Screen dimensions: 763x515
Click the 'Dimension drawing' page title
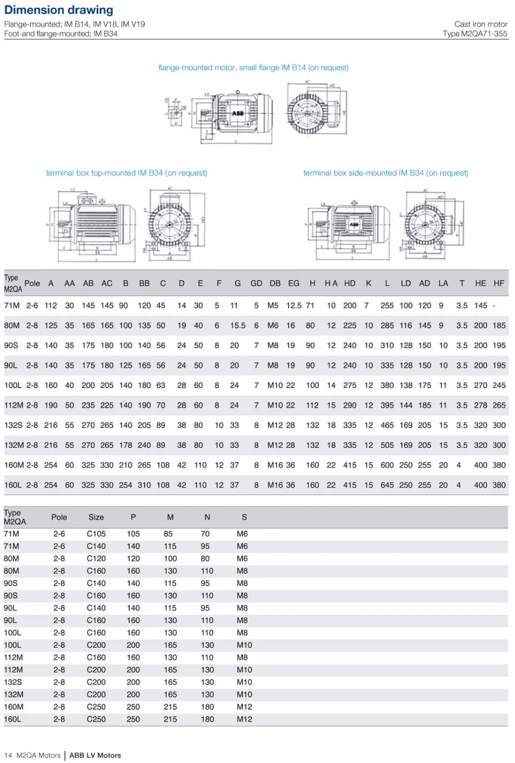point(59,10)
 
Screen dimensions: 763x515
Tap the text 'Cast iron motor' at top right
point(480,24)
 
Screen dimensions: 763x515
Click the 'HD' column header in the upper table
point(350,283)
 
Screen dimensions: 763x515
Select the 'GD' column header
point(256,283)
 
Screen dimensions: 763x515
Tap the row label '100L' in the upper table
point(13,385)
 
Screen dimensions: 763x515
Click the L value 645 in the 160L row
point(387,485)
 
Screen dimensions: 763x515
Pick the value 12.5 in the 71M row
point(294,306)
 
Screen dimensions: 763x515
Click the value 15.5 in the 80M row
point(237,326)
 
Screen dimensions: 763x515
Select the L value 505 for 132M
point(387,445)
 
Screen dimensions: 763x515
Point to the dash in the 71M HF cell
point(494,306)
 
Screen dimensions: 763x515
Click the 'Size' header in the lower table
point(96,517)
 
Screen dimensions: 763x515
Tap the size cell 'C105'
point(96,534)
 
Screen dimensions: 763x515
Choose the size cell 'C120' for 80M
point(96,558)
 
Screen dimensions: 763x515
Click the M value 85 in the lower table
point(168,534)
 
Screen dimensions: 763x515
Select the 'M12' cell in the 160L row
point(244,719)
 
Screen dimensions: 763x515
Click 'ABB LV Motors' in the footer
point(95,755)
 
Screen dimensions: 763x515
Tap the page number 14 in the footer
point(8,755)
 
